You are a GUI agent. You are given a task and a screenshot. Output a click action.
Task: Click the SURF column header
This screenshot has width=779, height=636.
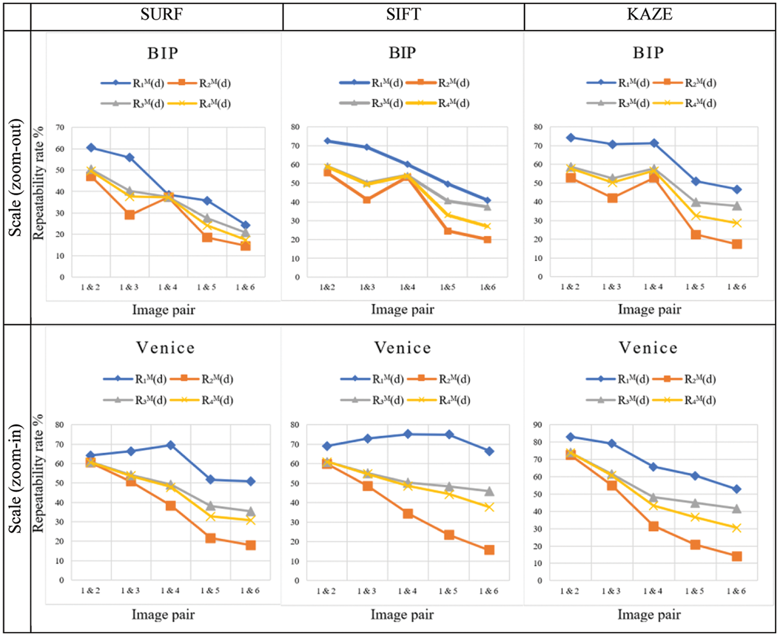point(162,15)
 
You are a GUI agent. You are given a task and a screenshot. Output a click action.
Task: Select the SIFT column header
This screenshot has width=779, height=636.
point(403,15)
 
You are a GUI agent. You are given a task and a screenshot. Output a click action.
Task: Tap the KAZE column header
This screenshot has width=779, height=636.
point(650,15)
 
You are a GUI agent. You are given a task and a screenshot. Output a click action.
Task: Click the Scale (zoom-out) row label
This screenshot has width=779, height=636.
point(16,178)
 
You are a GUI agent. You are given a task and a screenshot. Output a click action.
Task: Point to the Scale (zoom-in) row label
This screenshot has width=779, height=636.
point(16,479)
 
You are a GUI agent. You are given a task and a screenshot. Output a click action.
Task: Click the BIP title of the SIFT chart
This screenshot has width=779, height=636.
point(402,53)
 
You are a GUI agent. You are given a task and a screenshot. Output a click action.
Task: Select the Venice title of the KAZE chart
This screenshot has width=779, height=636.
point(648,348)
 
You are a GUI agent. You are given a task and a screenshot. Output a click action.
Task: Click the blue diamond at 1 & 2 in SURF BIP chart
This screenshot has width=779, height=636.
point(91,148)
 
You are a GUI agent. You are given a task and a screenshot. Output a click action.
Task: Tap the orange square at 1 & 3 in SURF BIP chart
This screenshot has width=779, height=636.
point(129,215)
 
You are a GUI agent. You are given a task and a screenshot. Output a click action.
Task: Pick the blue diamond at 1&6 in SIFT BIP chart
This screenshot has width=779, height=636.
point(487,200)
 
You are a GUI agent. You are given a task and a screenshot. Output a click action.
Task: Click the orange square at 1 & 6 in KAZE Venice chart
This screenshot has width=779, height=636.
point(736,557)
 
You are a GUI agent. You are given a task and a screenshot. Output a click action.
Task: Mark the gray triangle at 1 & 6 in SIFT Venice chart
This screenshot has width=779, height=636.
point(489,491)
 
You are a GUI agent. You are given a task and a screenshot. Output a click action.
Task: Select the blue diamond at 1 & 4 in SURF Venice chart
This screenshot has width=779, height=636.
point(170,445)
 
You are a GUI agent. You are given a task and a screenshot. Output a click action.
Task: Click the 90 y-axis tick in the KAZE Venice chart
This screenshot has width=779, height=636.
point(538,425)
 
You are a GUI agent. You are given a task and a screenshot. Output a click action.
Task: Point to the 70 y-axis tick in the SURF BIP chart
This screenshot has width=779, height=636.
point(60,127)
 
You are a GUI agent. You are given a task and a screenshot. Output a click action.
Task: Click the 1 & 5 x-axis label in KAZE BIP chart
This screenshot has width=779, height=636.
point(695,287)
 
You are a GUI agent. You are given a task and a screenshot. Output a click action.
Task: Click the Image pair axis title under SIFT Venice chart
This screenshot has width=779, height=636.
point(402,615)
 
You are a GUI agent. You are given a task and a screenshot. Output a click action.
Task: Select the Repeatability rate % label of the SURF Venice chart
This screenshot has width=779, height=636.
point(38,473)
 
